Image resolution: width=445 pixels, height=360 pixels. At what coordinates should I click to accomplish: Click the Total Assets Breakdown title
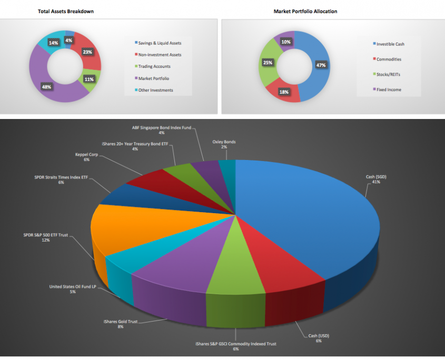66,11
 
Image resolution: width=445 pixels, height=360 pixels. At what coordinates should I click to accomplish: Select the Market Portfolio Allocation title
305,11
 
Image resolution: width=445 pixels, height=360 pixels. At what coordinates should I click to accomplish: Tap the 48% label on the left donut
47,86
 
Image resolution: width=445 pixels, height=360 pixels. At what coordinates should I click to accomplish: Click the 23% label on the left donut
87,52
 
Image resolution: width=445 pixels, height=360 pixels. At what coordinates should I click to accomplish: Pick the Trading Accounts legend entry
154,66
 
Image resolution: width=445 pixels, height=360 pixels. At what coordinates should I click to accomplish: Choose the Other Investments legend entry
155,90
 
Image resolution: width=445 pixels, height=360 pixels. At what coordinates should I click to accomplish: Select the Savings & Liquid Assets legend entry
160,43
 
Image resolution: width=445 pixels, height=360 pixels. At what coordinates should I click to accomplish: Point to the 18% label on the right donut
284,92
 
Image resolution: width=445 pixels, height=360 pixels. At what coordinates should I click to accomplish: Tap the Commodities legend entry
388,59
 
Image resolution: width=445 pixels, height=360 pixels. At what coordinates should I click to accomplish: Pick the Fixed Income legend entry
389,89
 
